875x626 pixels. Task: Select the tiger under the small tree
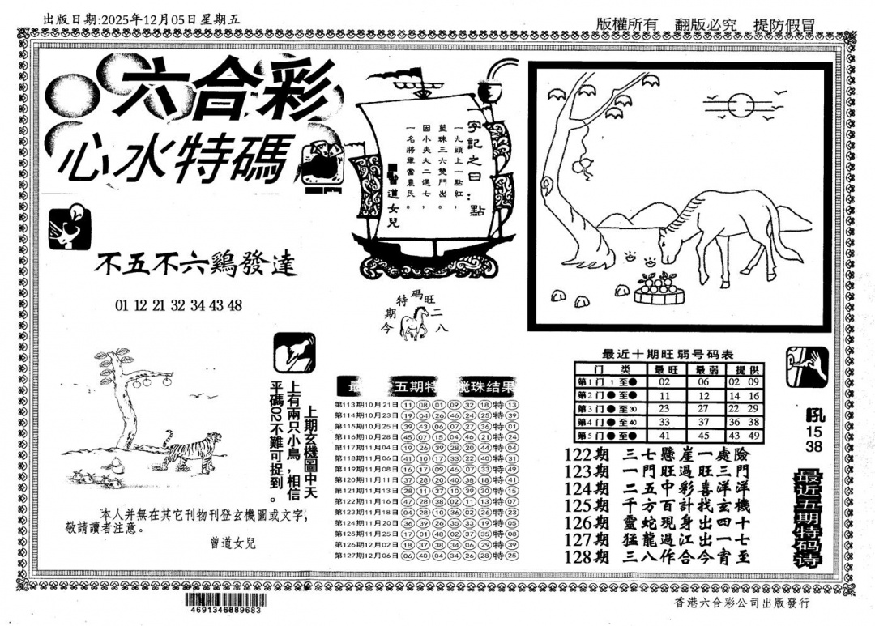(x=192, y=449)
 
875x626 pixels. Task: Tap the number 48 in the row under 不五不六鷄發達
(x=236, y=305)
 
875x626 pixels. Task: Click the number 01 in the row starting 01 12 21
(x=122, y=305)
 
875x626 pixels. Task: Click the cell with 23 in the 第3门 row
(x=664, y=409)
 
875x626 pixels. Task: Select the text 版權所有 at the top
(x=626, y=24)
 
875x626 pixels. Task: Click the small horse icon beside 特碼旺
(x=417, y=324)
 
